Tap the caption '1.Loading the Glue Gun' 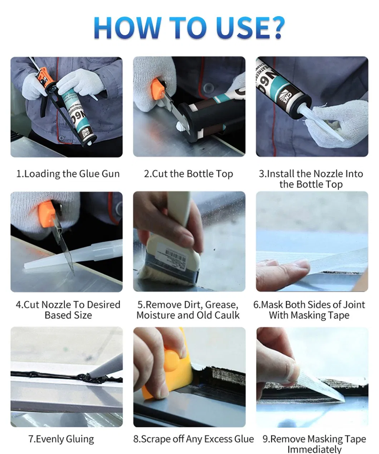pyautogui.click(x=68, y=174)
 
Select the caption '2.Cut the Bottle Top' pyautogui.click(x=188, y=174)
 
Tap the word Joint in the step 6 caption pyautogui.click(x=354, y=305)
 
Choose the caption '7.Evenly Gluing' pyautogui.click(x=61, y=439)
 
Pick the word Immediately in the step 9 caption pyautogui.click(x=314, y=449)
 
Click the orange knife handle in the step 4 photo pyautogui.click(x=47, y=214)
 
